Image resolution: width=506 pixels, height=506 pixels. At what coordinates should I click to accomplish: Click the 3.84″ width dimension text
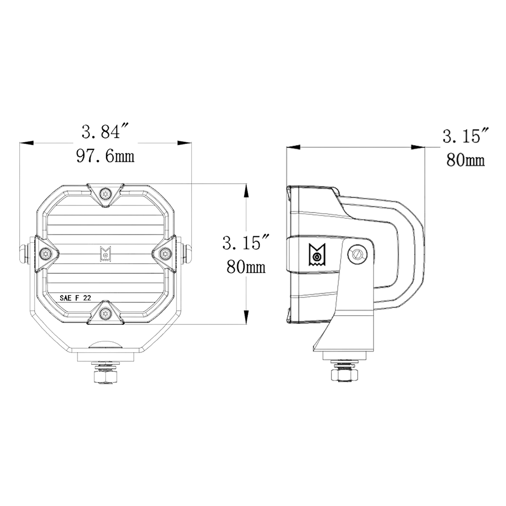point(105,132)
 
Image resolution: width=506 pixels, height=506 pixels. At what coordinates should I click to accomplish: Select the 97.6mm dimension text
point(105,156)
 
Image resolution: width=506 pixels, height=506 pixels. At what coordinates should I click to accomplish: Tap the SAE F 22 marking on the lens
point(75,298)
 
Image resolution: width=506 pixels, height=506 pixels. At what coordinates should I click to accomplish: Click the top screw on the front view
point(105,194)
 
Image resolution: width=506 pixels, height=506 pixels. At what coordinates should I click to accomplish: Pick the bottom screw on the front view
point(105,312)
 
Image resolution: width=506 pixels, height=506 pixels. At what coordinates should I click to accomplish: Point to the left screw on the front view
point(45,254)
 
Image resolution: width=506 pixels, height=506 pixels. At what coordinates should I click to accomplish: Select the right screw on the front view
point(165,254)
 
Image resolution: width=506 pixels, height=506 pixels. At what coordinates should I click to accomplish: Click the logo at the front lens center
point(105,254)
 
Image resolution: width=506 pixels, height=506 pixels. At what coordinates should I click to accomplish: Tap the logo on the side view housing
point(317,255)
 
